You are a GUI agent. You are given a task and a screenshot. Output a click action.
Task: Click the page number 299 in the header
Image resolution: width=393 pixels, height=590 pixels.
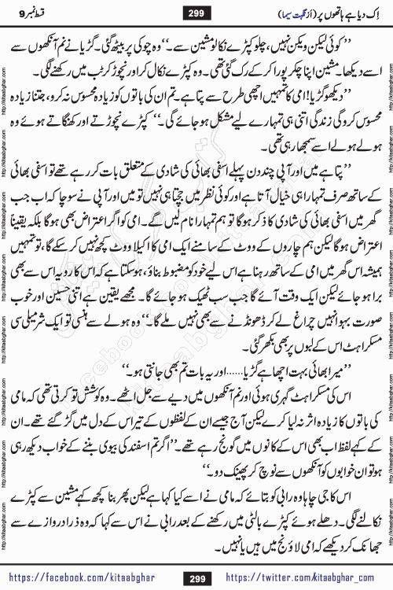[197, 12]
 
